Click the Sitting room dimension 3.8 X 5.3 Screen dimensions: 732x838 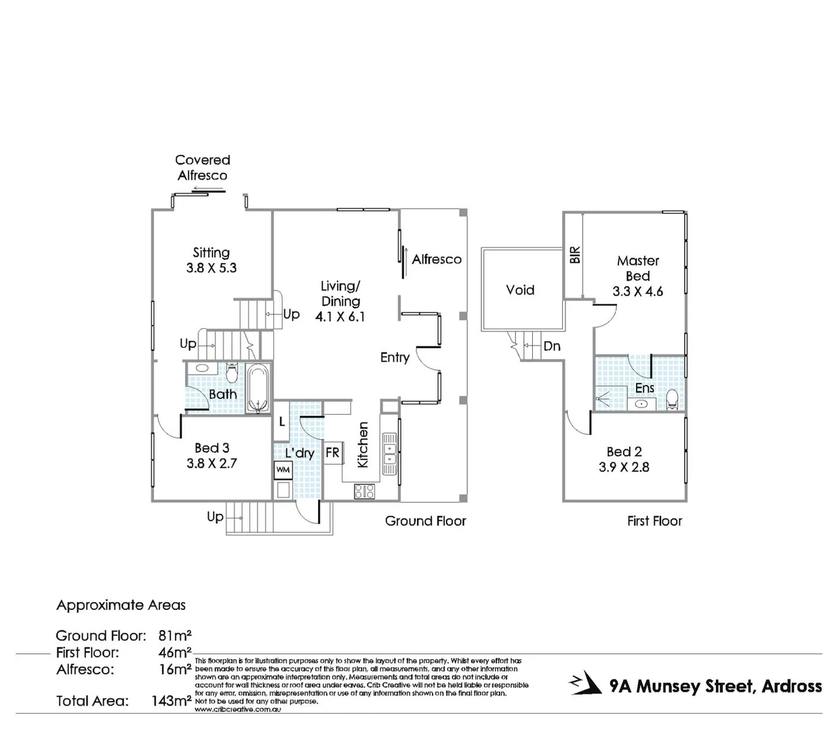point(211,268)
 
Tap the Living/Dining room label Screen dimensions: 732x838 point(340,293)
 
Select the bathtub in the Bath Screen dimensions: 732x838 point(258,388)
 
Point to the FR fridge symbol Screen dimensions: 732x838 point(332,453)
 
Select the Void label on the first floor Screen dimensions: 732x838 point(520,290)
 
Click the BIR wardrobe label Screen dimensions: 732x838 point(575,255)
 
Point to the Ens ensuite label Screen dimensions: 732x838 point(644,388)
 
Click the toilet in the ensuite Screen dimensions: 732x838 point(672,399)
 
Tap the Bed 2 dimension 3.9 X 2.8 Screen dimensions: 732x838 point(624,467)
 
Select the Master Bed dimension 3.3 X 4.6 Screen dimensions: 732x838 point(637,291)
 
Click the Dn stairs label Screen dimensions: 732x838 point(552,346)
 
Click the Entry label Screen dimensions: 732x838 point(395,357)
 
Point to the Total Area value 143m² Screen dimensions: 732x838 point(171,701)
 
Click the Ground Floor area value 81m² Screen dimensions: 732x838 point(175,636)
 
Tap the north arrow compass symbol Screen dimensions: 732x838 point(586,685)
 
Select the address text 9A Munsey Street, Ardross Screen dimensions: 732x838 point(715,686)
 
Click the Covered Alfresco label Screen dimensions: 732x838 point(203,167)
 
